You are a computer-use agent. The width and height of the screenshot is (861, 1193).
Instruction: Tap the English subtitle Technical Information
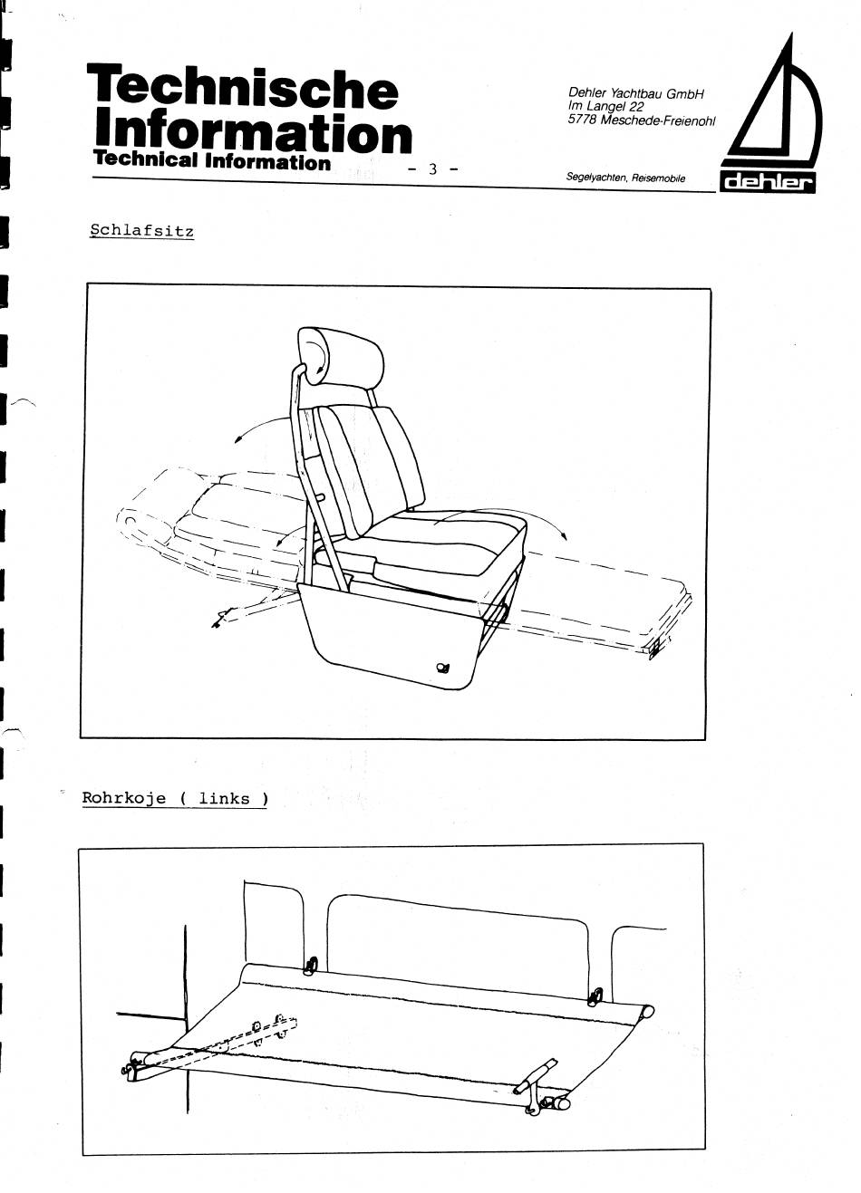click(211, 161)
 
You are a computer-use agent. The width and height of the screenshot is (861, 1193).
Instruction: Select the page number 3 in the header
click(432, 169)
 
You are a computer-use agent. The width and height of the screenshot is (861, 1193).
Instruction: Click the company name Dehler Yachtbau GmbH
click(636, 93)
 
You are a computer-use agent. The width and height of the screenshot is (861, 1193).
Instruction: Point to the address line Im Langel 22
click(605, 107)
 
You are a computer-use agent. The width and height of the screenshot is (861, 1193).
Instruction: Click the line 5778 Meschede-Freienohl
click(642, 120)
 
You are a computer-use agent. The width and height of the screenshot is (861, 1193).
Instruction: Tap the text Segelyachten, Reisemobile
click(625, 178)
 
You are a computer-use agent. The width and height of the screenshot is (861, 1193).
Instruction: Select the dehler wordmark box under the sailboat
click(768, 183)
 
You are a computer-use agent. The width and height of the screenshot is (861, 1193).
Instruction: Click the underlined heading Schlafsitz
click(141, 231)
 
